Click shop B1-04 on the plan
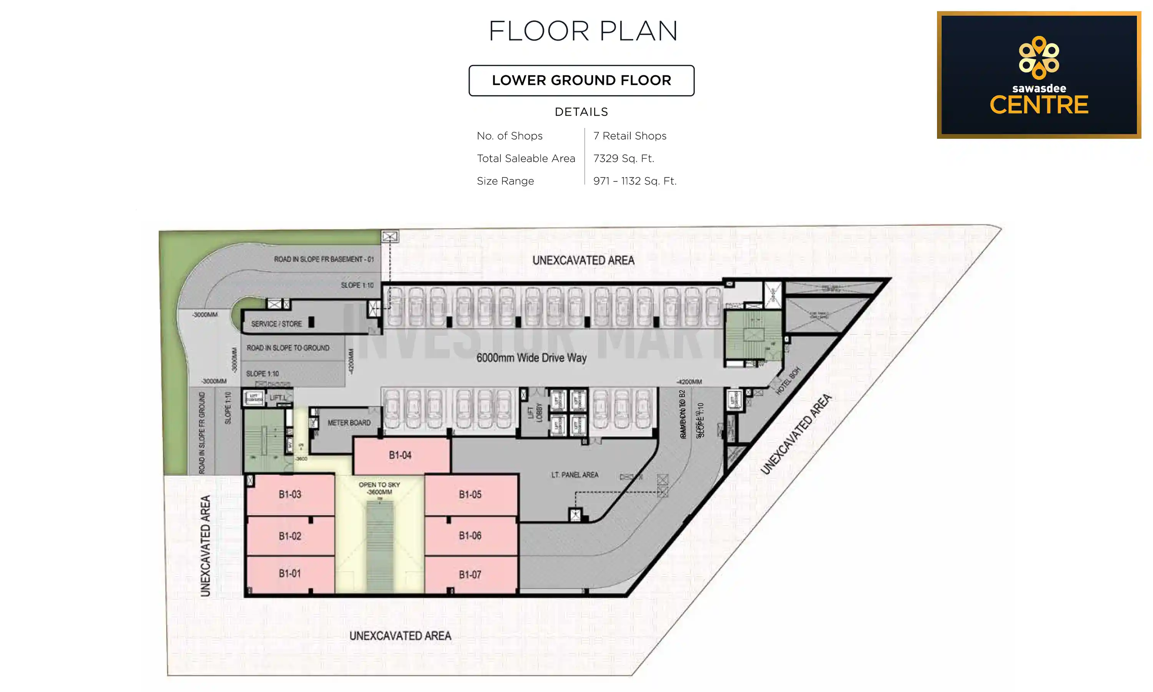pos(400,455)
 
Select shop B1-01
pos(290,574)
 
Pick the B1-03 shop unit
pos(290,494)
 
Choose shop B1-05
pos(470,494)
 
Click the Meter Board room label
pos(349,423)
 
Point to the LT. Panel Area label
pos(575,475)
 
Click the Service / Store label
pos(276,324)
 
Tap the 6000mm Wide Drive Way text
pos(531,358)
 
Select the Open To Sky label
pos(379,485)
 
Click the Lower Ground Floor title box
pos(581,81)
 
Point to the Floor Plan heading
pos(583,31)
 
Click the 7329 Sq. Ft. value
pos(623,158)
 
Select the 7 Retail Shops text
pos(630,136)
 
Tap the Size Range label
pos(505,181)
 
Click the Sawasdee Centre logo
pos(1039,75)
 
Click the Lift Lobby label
pos(535,413)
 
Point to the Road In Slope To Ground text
pos(288,348)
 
